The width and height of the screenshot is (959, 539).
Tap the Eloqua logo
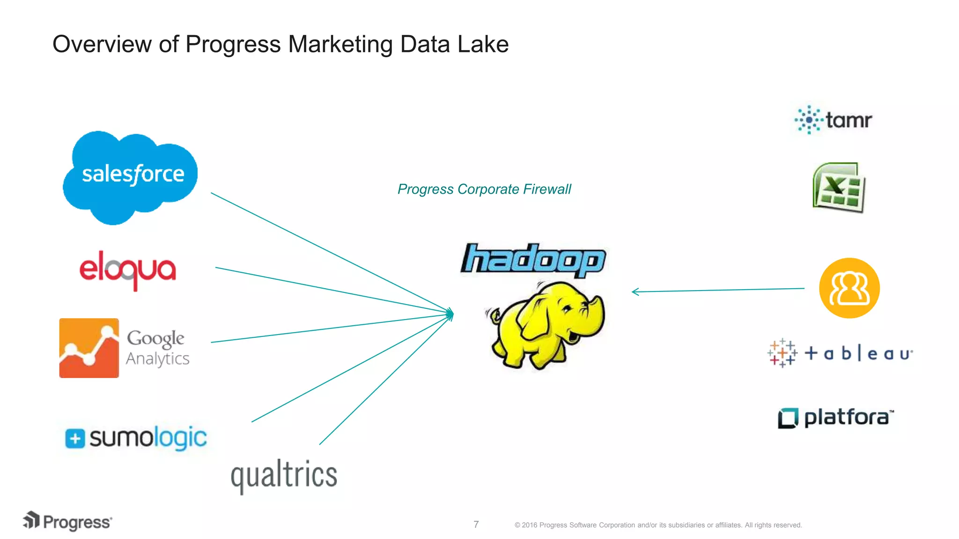[x=128, y=270]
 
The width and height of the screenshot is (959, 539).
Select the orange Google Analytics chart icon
[x=89, y=348]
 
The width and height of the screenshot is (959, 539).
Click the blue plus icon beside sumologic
[x=75, y=439]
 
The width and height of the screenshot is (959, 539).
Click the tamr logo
[x=834, y=120]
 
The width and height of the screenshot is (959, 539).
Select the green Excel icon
[x=839, y=188]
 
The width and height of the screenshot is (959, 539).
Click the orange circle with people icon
[x=849, y=288]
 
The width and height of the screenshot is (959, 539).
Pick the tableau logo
[x=840, y=353]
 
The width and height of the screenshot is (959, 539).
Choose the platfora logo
[x=836, y=418]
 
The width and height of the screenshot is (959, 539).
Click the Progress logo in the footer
[x=67, y=521]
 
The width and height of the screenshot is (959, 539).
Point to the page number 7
[x=476, y=524]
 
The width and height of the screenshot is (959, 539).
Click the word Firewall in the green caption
[x=547, y=189]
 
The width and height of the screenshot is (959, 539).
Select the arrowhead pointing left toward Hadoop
[x=635, y=292]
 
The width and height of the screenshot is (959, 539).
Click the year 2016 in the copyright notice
[x=530, y=525]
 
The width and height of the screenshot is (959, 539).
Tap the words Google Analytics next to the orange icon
[x=157, y=348]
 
